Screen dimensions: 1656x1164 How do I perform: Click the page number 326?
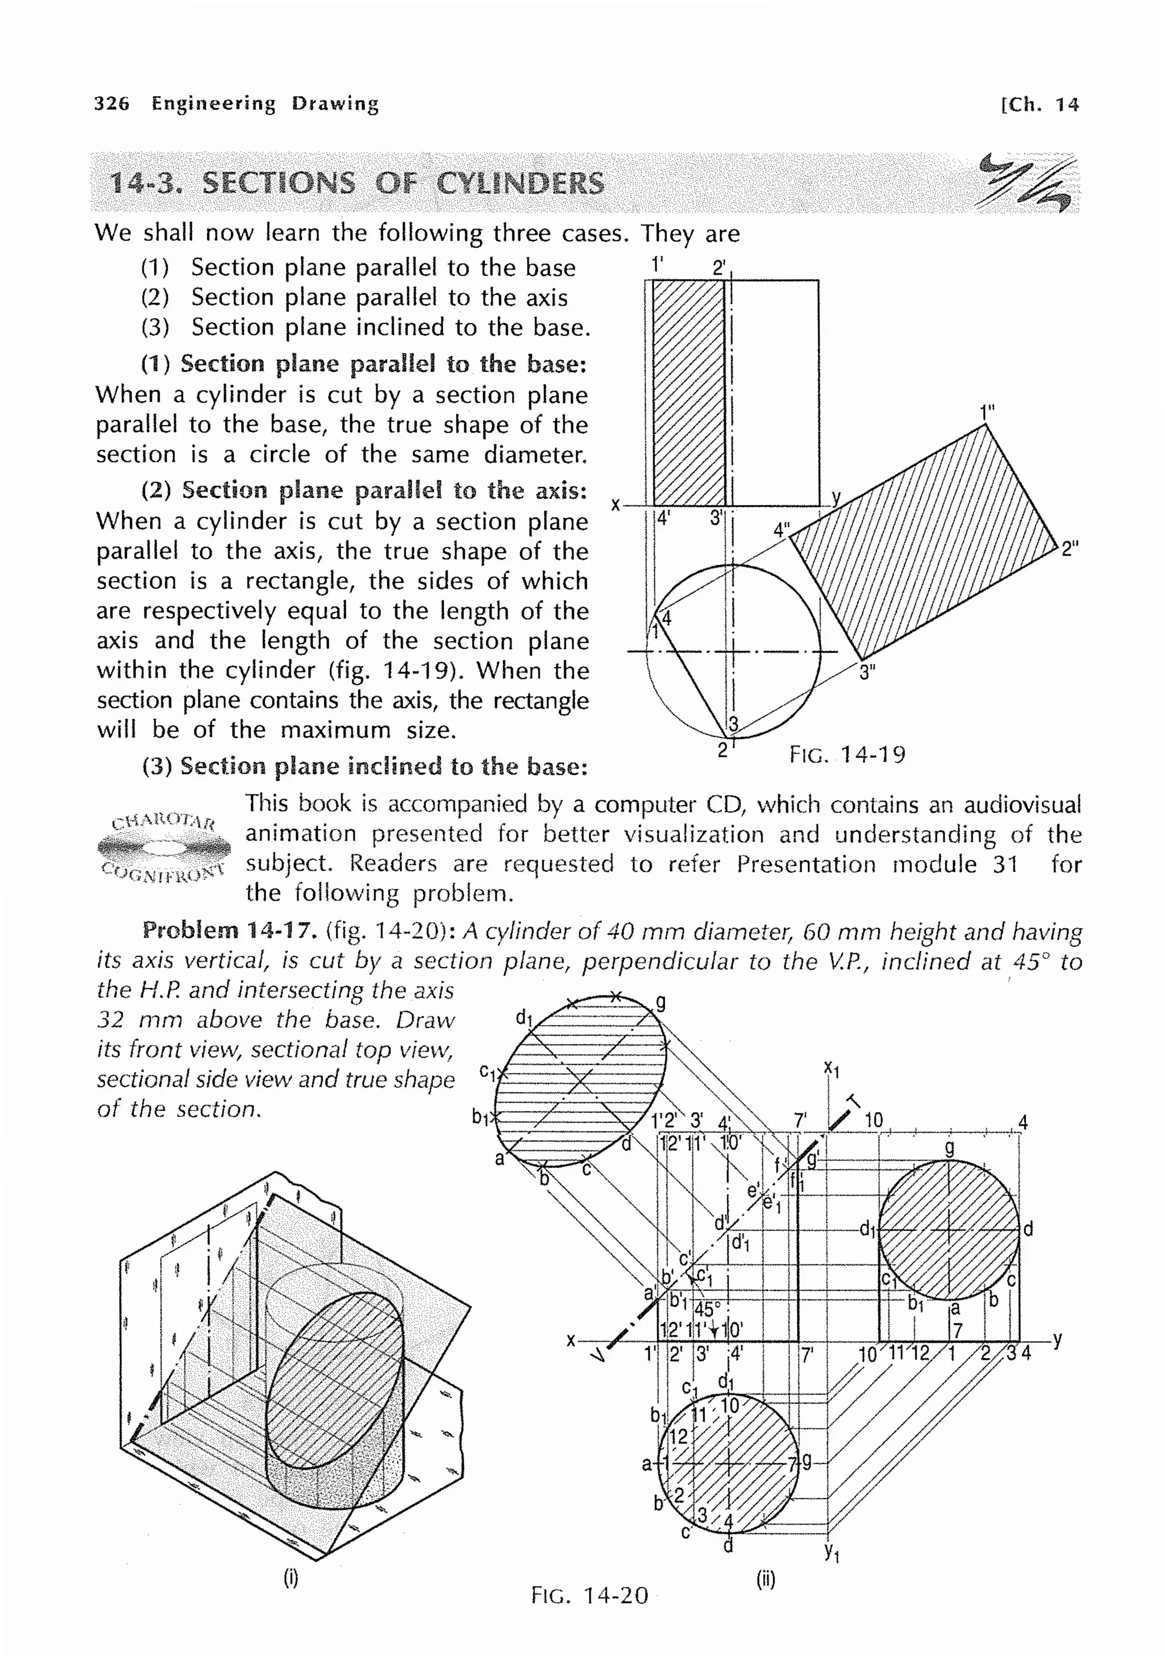click(112, 104)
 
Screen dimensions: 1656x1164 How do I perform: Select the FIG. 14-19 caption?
click(847, 755)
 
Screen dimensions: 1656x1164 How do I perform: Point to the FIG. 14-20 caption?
click(589, 1595)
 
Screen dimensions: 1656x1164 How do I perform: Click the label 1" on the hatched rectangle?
click(987, 412)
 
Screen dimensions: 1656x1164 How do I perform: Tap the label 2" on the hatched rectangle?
click(1070, 549)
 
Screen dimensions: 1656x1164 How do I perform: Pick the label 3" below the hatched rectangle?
click(867, 673)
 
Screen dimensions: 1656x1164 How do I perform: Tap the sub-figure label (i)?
click(290, 1579)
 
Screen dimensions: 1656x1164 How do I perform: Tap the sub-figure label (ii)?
click(765, 1579)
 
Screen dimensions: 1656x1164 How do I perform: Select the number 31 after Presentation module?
click(1005, 863)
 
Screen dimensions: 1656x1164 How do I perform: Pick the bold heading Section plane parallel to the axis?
click(384, 490)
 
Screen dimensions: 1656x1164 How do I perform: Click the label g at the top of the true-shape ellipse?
click(660, 1002)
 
